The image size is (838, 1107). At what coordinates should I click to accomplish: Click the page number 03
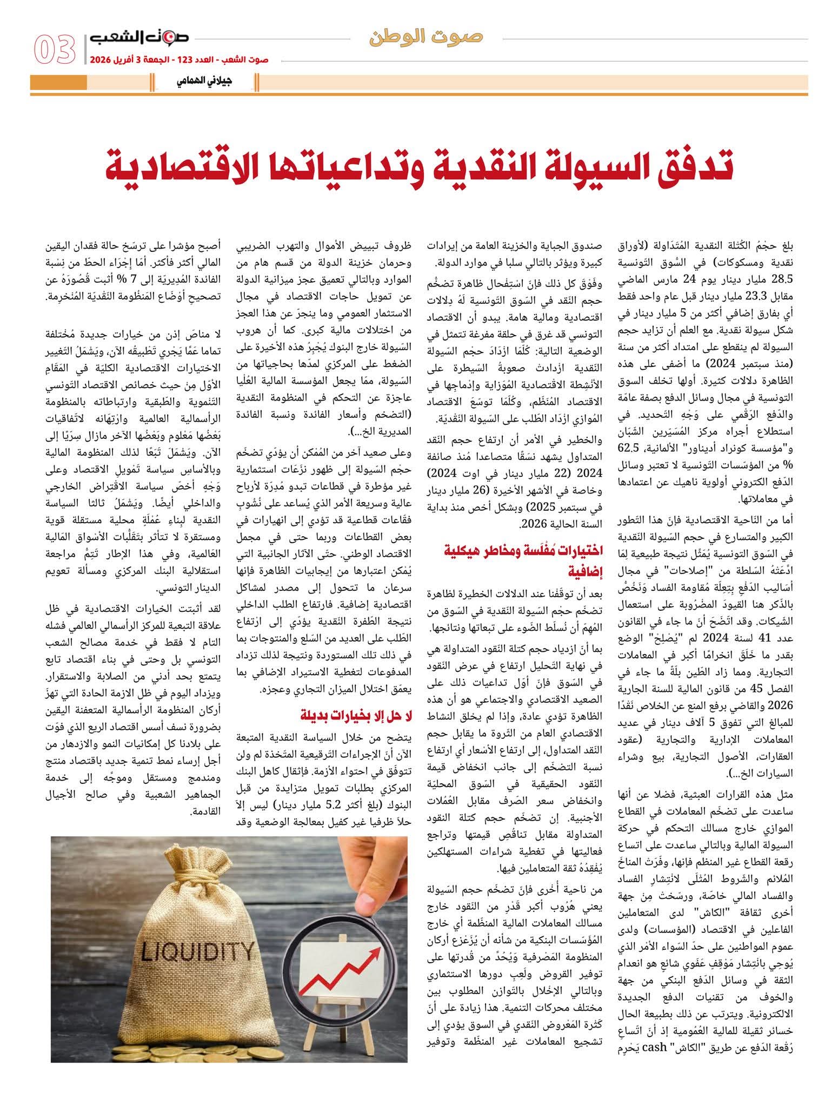click(54, 50)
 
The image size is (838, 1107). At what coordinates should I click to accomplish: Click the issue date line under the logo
click(178, 59)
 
